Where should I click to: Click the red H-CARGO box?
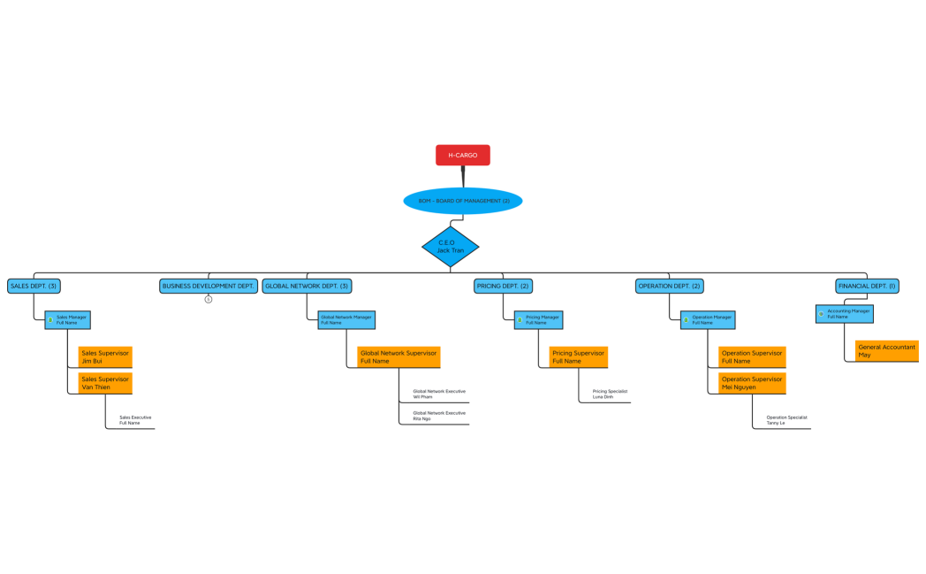[462, 155]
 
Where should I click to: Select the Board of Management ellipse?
[462, 201]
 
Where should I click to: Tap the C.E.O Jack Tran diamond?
[450, 247]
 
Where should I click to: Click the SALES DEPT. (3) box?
[34, 286]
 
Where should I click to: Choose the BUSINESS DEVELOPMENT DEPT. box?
[209, 286]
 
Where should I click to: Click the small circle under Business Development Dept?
[209, 299]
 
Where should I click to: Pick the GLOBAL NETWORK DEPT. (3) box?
[307, 286]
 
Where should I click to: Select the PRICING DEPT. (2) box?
[503, 286]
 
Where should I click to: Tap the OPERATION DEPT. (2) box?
[669, 286]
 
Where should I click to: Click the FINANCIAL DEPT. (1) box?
[867, 286]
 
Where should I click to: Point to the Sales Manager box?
[68, 319]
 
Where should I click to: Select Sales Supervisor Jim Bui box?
[105, 356]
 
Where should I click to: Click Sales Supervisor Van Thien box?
[105, 383]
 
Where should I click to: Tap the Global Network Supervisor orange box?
[398, 356]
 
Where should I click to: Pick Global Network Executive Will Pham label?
[438, 394]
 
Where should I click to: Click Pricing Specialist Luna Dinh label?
[609, 394]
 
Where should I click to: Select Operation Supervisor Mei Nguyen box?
[752, 383]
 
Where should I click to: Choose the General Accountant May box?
[886, 351]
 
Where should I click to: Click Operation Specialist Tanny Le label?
[786, 420]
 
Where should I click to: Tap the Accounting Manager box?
[845, 314]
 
